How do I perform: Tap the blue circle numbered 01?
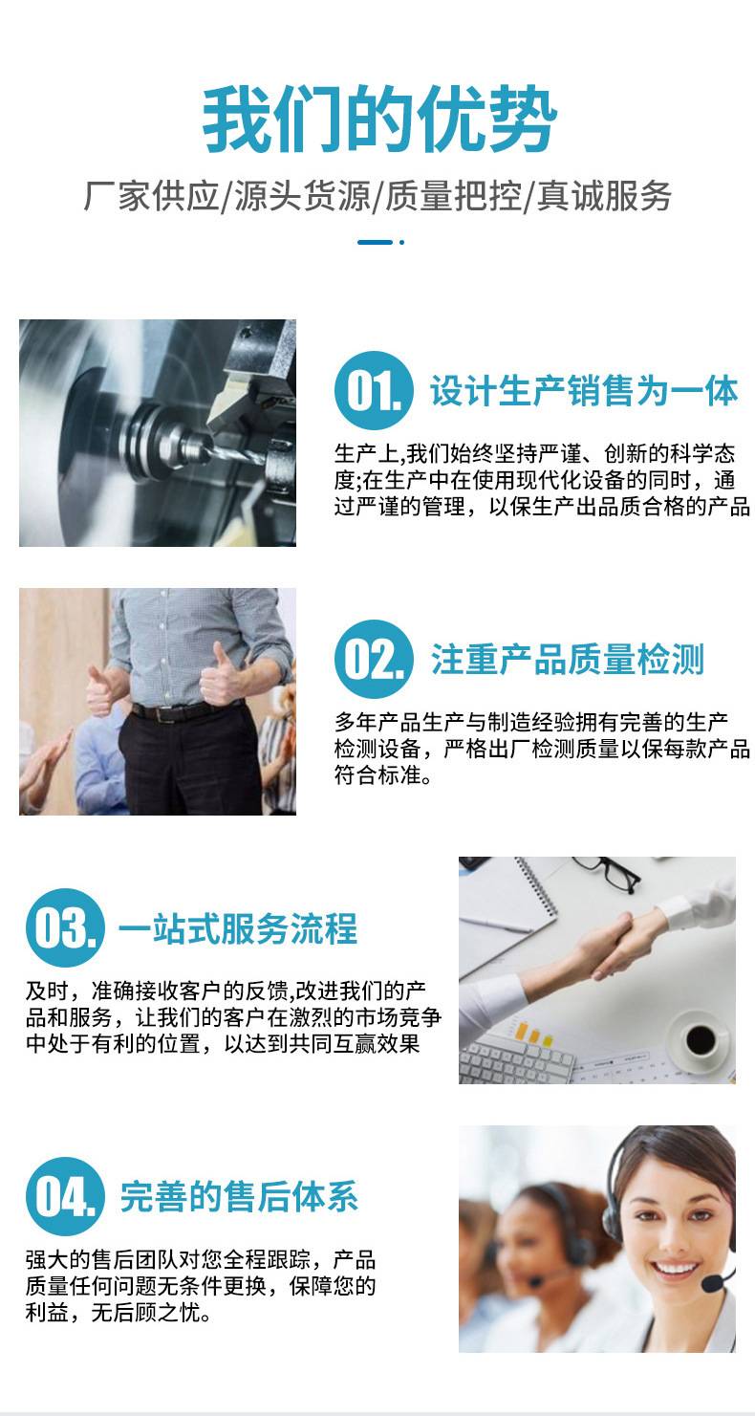[374, 390]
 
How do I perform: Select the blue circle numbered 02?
[374, 660]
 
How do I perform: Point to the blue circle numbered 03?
[65, 928]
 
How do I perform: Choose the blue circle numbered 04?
[65, 1197]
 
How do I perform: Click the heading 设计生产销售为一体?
[585, 390]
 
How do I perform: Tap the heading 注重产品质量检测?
[568, 660]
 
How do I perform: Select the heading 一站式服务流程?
[238, 928]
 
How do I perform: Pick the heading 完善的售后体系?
[239, 1197]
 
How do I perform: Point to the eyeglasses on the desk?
[610, 872]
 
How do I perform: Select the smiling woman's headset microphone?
[715, 1283]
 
